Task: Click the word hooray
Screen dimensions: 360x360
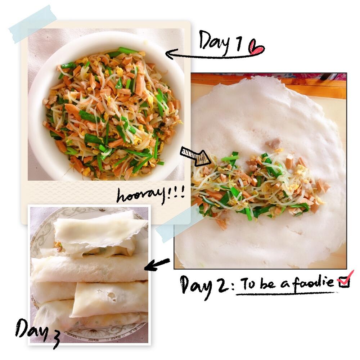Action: tap(140, 195)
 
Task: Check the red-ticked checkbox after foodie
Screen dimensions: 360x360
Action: tap(345, 280)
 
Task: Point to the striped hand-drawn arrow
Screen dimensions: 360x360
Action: tap(195, 156)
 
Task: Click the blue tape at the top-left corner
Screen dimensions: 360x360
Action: tap(33, 24)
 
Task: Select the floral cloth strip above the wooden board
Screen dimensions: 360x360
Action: tap(269, 76)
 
